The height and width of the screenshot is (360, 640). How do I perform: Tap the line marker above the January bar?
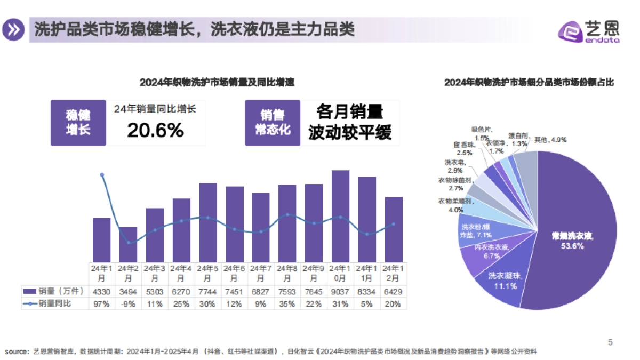pos(102,175)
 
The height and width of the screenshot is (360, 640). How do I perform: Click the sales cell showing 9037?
pos(340,292)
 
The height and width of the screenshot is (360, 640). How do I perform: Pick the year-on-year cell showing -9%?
pos(128,304)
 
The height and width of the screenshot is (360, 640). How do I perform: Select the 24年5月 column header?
pos(207,273)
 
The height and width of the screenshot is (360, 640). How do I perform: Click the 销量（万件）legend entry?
pos(54,292)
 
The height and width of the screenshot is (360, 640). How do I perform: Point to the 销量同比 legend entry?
pos(54,304)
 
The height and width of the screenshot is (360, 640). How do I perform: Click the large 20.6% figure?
pos(155,130)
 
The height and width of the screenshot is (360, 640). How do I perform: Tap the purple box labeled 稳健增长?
pos(78,123)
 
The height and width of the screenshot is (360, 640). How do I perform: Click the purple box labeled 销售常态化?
pos(272,123)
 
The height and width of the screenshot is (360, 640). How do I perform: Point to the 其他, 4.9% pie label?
pos(550,140)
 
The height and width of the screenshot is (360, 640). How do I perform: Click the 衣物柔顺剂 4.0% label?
pos(454,205)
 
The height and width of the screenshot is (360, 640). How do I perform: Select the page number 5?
pos(610,342)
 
